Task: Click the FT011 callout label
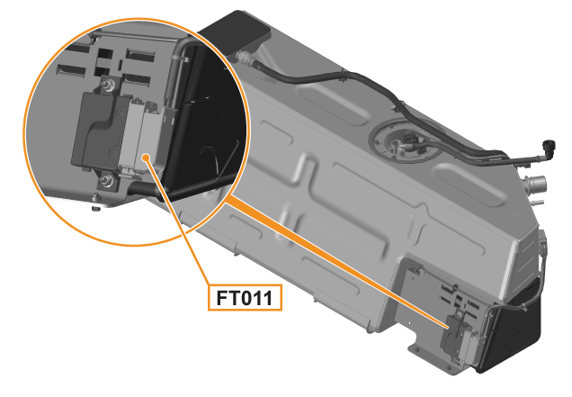245,298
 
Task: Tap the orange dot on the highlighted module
146,158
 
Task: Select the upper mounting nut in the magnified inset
108,86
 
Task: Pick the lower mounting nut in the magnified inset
107,180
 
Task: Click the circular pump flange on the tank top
406,140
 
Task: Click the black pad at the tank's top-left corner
237,32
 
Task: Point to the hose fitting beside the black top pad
244,58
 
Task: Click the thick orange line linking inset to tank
335,260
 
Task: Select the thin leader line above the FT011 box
178,221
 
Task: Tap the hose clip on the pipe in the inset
180,59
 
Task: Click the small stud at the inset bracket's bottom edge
95,208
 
